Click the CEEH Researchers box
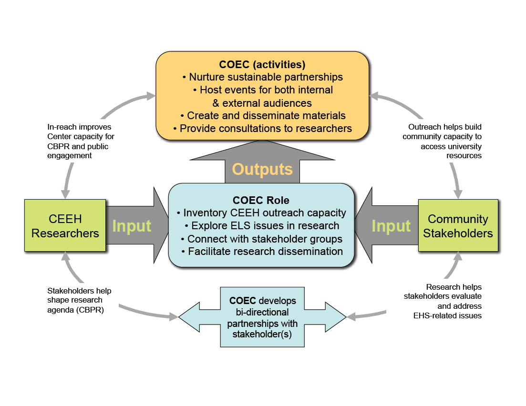[x=64, y=225]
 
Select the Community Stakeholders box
[x=458, y=225]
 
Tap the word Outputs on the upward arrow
[x=262, y=169]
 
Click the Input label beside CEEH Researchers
[x=132, y=226]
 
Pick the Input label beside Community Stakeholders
[x=391, y=226]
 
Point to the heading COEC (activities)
[x=262, y=64]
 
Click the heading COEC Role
[x=261, y=201]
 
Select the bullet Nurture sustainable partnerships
[x=262, y=77]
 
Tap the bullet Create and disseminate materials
[x=262, y=115]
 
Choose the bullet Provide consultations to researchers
[x=262, y=128]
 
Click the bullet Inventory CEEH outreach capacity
[x=261, y=213]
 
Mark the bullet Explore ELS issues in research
[x=261, y=226]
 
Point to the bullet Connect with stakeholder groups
[x=261, y=239]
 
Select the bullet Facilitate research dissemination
[x=261, y=251]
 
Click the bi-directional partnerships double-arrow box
[x=262, y=317]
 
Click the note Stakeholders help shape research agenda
[x=79, y=300]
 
